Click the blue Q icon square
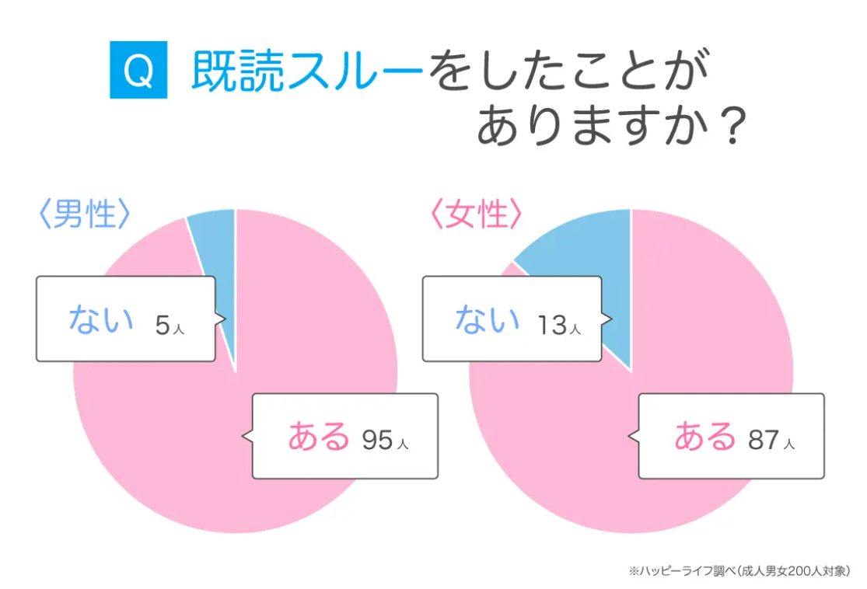138,70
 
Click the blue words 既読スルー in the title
307,71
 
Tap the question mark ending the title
734,126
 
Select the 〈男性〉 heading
85,214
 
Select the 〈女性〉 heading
476,214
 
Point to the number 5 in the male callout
162,325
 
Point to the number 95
378,440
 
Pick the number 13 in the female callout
552,325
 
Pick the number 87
764,440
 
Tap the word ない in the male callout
101,319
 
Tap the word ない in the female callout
487,319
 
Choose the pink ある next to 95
319,435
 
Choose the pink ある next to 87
704,435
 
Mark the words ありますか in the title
593,126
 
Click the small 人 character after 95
403,444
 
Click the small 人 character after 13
575,329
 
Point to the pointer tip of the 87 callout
629,437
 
